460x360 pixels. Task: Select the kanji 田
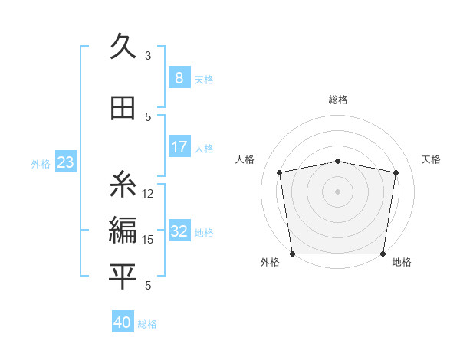click(123, 109)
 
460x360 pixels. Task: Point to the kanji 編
click(123, 231)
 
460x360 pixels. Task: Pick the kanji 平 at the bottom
click(123, 277)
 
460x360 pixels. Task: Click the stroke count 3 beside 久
click(148, 56)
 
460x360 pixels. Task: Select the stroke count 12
click(149, 194)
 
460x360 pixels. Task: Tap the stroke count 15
click(149, 240)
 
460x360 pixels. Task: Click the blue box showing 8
click(179, 78)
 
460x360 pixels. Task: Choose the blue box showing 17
click(179, 147)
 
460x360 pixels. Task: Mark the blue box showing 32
click(179, 232)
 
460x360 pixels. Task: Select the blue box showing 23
click(65, 162)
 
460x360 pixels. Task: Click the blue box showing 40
click(123, 322)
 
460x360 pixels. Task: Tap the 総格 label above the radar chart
click(338, 100)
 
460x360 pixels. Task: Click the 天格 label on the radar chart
click(432, 159)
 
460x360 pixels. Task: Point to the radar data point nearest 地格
click(383, 254)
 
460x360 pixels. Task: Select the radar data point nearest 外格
click(292, 254)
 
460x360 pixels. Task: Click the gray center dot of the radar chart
click(338, 191)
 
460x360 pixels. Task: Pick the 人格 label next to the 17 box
click(204, 148)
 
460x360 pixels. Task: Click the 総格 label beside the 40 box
click(147, 323)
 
